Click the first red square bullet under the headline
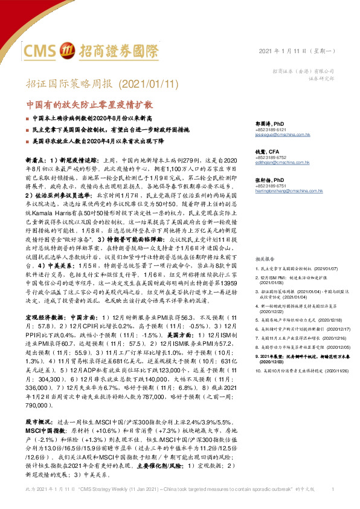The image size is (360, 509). click(x=27, y=118)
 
